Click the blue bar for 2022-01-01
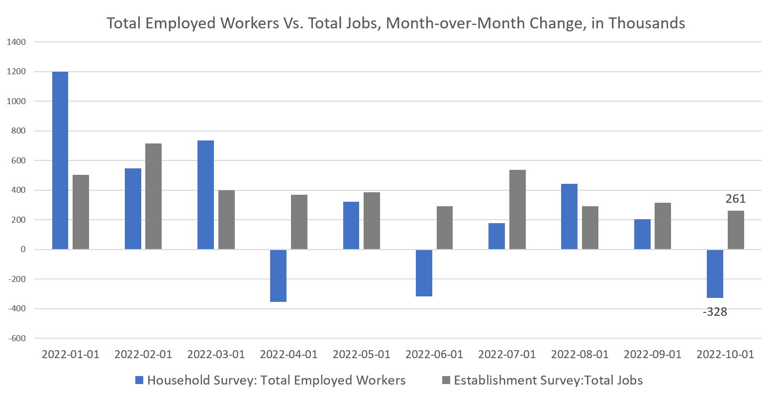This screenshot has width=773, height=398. [60, 160]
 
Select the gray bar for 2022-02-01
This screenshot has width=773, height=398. [153, 196]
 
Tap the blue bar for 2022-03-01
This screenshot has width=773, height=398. [205, 195]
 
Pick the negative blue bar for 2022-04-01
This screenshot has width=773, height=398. [278, 275]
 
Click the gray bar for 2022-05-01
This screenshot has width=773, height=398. [372, 221]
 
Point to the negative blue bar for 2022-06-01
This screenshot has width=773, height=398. [424, 273]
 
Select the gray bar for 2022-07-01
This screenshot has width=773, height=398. [517, 209]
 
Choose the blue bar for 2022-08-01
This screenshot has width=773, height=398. [569, 217]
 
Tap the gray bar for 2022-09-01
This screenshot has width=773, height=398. [663, 226]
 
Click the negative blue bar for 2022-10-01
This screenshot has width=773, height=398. [715, 273]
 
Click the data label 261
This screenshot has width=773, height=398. [735, 199]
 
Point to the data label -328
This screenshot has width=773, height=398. [715, 312]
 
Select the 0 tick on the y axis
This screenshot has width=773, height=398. [23, 250]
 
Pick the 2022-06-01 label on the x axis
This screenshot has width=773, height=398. [434, 355]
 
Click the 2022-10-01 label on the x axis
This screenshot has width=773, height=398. [725, 355]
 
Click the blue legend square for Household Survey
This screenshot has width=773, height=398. [139, 381]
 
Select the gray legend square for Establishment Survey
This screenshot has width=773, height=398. [446, 381]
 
